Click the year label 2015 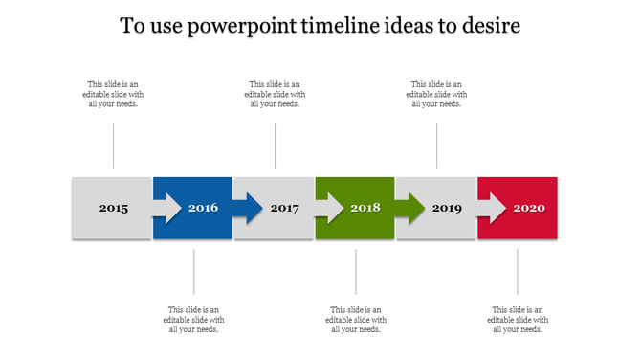113,208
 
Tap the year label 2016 203,208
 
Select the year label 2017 285,208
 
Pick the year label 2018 365,208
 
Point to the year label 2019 447,208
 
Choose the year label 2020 528,208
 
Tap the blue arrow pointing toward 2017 247,208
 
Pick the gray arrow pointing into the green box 329,208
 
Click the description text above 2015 113,94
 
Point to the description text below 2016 194,320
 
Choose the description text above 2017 275,94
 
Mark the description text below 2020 518,320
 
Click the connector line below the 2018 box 356,272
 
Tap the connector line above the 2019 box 437,146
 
